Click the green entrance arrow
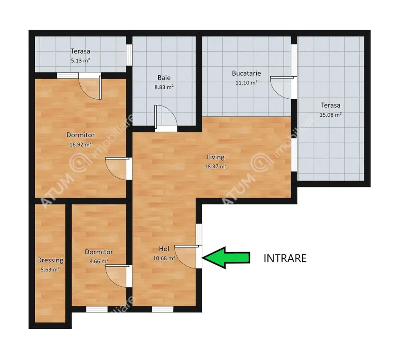point(226,258)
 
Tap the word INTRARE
point(285,258)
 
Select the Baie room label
point(164,78)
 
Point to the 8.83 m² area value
point(164,87)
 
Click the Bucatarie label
point(246,73)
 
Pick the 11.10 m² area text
point(246,83)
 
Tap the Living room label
point(215,157)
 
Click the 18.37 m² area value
point(215,166)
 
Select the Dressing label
point(50,260)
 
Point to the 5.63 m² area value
point(50,270)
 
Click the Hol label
point(164,249)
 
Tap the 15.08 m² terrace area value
point(331,115)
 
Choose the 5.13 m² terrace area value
point(80,61)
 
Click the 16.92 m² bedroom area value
point(80,144)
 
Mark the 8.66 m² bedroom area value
point(99,262)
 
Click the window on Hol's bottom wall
point(162,309)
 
